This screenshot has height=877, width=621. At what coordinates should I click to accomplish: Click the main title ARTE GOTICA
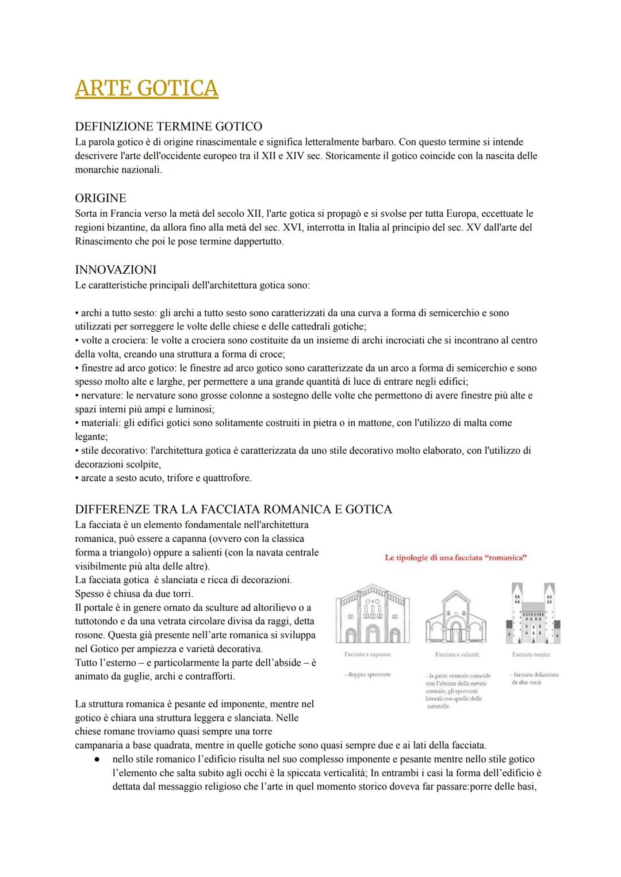pos(147,88)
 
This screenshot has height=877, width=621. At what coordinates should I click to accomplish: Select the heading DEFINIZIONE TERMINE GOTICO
pos(168,127)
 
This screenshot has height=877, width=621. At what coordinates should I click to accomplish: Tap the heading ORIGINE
pos(101,198)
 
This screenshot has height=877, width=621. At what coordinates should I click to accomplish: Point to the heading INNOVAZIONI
pos(116,270)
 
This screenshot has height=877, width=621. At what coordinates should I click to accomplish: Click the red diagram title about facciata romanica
pos(455,557)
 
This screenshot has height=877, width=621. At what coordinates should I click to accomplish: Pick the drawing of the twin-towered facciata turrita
pos(533,613)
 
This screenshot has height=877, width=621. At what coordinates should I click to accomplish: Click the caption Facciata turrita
pos(532,654)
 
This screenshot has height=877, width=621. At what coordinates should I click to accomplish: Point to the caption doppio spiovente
pos(368,675)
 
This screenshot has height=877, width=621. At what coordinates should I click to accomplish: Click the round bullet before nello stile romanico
pos(98,759)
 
